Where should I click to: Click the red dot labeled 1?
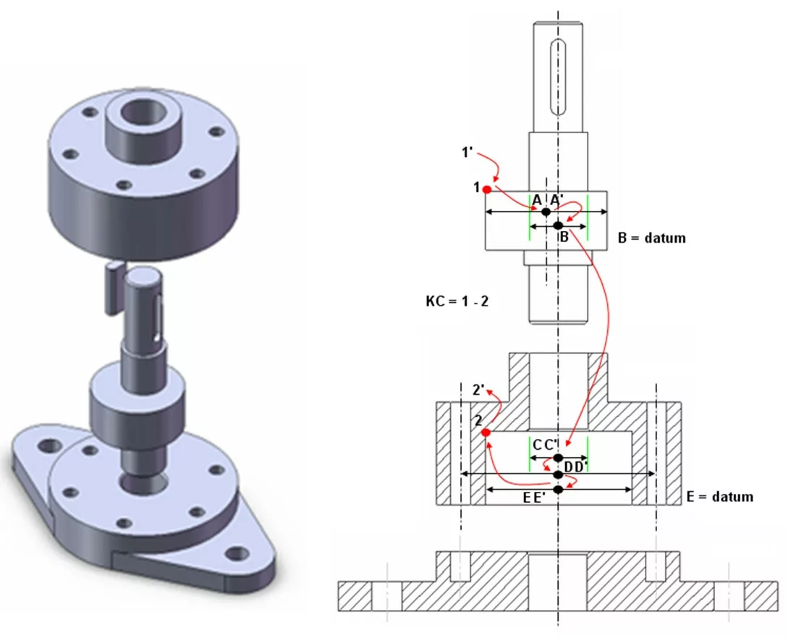487,190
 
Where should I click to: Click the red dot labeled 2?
485,432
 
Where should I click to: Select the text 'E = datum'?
719,497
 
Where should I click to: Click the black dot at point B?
558,225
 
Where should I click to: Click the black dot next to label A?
546,211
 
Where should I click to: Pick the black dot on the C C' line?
558,458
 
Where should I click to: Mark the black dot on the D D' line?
558,474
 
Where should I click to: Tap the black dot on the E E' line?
558,490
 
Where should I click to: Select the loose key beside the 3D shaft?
112,288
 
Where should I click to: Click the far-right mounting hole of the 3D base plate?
234,554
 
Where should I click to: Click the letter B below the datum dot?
563,236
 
